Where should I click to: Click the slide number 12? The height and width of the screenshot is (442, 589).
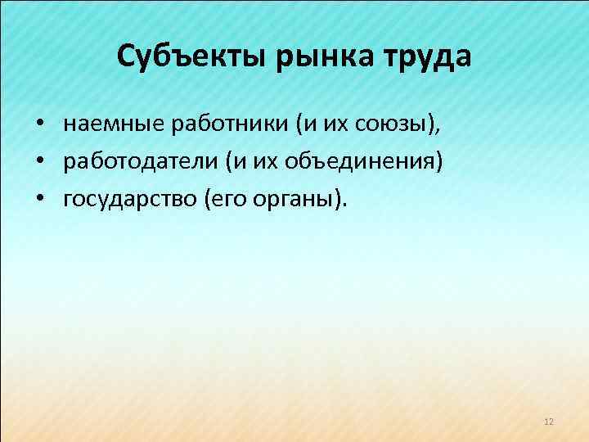(x=548, y=422)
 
